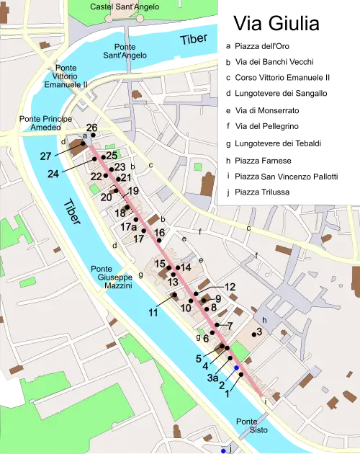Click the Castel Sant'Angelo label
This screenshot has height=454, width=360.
[121, 6]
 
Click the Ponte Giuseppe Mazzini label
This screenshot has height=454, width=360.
[112, 277]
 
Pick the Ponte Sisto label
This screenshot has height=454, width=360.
[248, 427]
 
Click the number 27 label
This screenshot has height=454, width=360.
[45, 156]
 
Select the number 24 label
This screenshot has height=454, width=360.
[53, 174]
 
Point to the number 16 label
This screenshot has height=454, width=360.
[160, 232]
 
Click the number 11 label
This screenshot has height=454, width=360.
[153, 313]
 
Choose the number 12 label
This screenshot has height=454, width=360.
[230, 287]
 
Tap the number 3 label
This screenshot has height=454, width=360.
[259, 331]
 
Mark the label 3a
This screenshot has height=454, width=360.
[212, 377]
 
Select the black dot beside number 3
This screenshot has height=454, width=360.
[253, 334]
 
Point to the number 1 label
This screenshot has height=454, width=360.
[228, 394]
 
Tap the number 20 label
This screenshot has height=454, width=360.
[106, 197]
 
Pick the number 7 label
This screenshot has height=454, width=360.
[229, 325]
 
